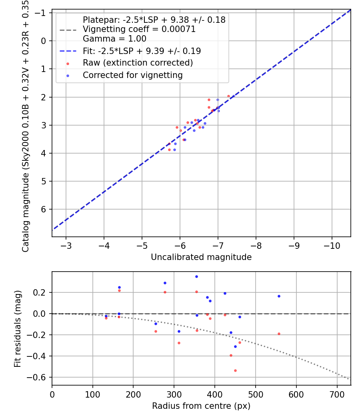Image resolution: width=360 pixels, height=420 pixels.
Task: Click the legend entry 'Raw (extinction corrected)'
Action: [138, 63]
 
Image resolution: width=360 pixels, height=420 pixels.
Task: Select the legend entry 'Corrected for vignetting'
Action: [132, 75]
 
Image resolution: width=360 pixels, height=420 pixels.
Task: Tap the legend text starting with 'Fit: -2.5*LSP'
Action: [142, 51]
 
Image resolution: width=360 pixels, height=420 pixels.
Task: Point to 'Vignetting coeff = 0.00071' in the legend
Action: [139, 29]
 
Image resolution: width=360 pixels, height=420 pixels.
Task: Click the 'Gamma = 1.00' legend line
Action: [114, 39]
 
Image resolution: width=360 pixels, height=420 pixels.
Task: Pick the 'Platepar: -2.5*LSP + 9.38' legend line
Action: [154, 20]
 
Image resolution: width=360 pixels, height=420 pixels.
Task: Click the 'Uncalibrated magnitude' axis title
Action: [201, 257]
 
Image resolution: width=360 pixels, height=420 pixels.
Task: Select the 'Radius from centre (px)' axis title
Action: [201, 406]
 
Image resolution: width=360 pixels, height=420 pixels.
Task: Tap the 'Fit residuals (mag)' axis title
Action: [17, 329]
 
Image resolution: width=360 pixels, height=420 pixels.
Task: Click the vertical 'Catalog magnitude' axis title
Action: [25, 126]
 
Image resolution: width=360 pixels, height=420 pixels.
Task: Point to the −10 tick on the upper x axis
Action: [332, 245]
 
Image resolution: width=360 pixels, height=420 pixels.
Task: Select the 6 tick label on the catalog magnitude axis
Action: [44, 209]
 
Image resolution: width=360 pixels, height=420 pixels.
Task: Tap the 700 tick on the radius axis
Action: [337, 394]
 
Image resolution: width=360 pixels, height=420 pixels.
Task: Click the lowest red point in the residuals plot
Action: [235, 370]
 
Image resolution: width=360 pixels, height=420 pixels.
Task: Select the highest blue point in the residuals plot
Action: [196, 276]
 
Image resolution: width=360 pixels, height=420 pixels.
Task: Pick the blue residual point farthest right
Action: [279, 296]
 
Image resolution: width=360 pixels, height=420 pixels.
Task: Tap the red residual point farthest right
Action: [279, 334]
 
